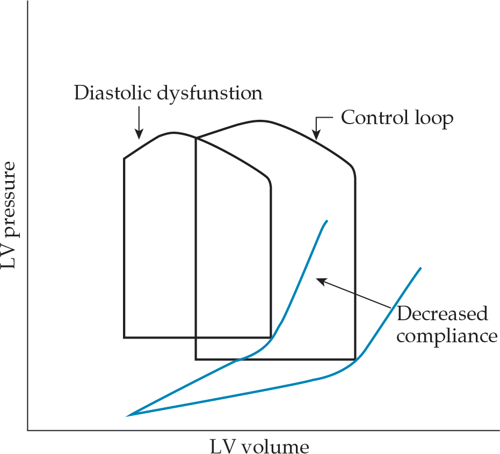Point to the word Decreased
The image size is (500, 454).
click(443, 313)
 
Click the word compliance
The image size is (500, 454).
click(447, 336)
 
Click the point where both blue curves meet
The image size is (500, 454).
click(128, 415)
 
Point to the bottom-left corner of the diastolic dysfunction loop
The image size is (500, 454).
click(124, 337)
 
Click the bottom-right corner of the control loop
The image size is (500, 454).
click(354, 359)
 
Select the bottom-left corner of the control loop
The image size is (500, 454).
click(195, 359)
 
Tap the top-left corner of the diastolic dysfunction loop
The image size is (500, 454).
click(124, 158)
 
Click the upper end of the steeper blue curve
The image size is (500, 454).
click(327, 220)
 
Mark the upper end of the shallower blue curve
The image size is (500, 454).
click(421, 268)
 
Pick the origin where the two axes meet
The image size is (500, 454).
click(27, 430)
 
